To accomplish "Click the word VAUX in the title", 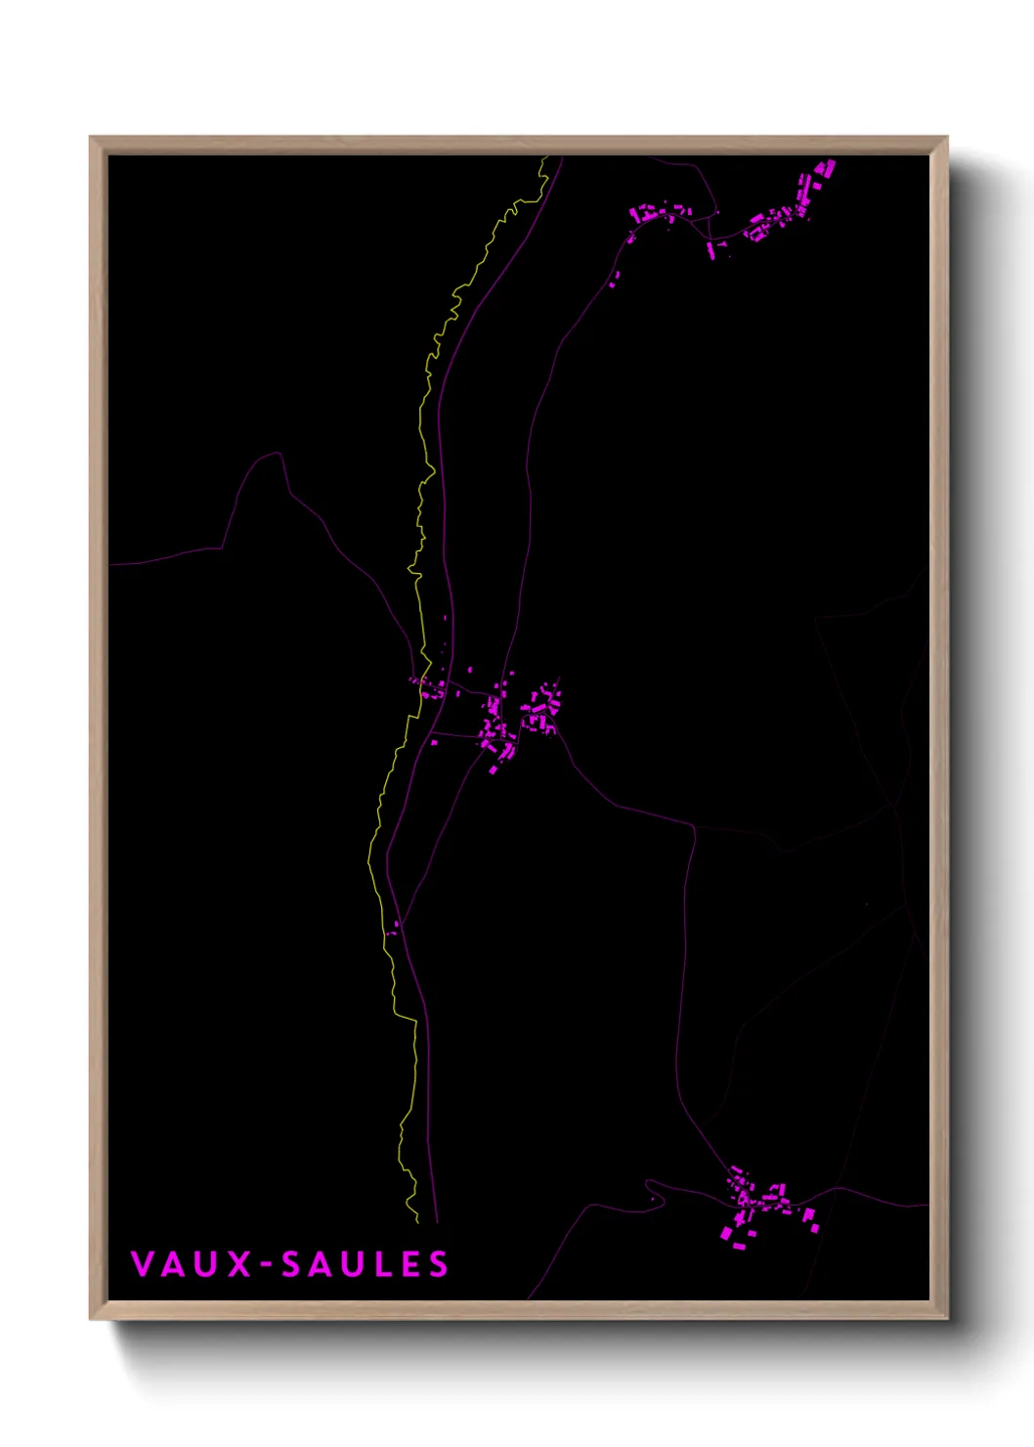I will coord(192,1264).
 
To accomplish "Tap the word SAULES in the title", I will coord(365,1264).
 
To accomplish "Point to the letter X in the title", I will coord(240,1264).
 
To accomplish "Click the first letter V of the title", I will coord(142,1264).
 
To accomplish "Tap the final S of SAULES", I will coord(438,1264).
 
